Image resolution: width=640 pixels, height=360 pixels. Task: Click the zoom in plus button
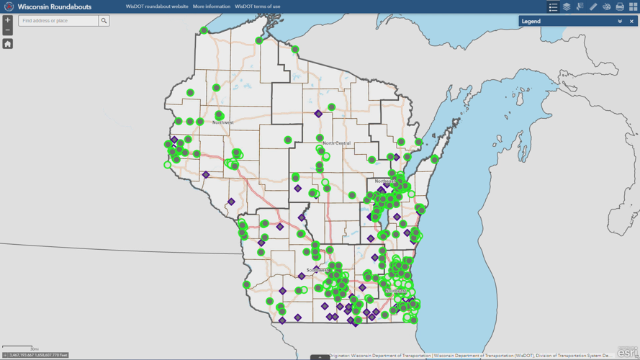click(x=8, y=20)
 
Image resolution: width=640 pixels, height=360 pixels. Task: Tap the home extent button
click(x=8, y=44)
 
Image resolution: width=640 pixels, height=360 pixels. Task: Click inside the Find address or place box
click(x=58, y=21)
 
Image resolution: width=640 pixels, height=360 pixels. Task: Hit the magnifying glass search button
click(x=104, y=21)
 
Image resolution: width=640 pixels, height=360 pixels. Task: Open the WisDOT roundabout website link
click(x=157, y=6)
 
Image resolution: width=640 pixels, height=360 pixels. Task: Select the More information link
click(x=212, y=6)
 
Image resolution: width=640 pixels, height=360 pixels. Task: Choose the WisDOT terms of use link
click(x=258, y=6)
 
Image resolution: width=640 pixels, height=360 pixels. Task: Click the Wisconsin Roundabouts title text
click(x=55, y=6)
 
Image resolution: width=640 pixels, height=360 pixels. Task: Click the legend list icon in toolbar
click(x=553, y=6)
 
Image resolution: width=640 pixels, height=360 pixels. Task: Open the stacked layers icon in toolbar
click(x=567, y=6)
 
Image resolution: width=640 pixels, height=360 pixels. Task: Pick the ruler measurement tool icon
click(x=593, y=6)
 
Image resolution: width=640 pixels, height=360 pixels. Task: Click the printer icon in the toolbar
click(x=620, y=6)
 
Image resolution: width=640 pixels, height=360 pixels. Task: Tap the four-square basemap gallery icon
click(x=633, y=6)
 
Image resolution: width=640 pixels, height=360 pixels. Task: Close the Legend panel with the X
click(x=631, y=22)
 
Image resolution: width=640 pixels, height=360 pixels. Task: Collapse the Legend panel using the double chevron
click(x=620, y=22)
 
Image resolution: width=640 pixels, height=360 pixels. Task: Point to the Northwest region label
click(x=223, y=122)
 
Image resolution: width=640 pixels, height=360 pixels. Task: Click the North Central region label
click(x=336, y=143)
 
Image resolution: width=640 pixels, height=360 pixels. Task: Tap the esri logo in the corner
click(x=627, y=352)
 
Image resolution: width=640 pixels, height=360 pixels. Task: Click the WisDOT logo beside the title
click(x=9, y=6)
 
